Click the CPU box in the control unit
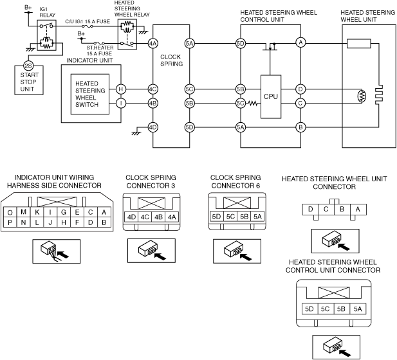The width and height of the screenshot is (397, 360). (x=271, y=96)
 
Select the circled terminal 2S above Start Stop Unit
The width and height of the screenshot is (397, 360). (x=28, y=66)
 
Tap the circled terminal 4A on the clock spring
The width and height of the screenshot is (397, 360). (x=152, y=44)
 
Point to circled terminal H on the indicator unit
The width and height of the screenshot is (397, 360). (x=121, y=89)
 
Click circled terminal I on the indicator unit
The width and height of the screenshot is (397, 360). (x=121, y=104)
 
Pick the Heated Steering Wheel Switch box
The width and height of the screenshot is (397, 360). (x=90, y=94)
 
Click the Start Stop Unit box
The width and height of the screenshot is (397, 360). (x=29, y=80)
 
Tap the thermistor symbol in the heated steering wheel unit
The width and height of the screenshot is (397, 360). (x=362, y=96)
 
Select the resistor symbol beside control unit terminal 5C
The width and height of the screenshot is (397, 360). (x=252, y=104)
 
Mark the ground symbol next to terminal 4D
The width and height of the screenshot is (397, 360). (x=136, y=132)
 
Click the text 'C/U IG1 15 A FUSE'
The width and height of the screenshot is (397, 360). (x=88, y=21)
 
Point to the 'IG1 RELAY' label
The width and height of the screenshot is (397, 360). (x=48, y=12)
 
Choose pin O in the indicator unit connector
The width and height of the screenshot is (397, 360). (x=10, y=212)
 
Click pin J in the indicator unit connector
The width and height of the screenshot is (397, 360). (x=50, y=222)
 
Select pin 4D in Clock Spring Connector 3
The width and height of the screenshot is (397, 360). (x=131, y=217)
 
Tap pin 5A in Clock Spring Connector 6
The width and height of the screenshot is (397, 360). (x=257, y=217)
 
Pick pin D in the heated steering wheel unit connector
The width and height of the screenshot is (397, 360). (x=310, y=210)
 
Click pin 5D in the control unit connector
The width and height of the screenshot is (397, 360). (x=309, y=309)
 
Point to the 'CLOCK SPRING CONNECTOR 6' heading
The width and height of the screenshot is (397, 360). (x=235, y=182)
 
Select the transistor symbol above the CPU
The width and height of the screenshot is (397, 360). (x=270, y=46)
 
